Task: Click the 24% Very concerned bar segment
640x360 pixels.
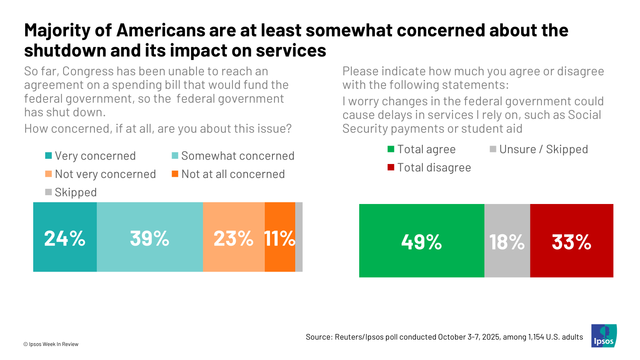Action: [65, 237]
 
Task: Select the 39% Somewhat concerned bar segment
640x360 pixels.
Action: [150, 237]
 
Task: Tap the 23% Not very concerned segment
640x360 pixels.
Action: [234, 237]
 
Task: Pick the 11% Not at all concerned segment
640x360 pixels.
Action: [280, 237]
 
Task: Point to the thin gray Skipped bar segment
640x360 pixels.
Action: [299, 237]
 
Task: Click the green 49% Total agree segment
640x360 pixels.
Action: [422, 240]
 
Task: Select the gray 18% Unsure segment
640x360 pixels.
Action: [507, 240]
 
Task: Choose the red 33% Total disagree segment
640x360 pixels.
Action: [572, 240]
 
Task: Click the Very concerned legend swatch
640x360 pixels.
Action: [48, 156]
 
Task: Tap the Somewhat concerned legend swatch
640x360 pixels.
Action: [175, 156]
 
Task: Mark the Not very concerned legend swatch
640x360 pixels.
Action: [48, 174]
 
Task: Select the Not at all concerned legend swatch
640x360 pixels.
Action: [175, 174]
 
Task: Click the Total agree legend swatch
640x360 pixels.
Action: [391, 149]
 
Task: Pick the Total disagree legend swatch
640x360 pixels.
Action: [391, 167]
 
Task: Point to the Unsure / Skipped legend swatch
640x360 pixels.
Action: [493, 149]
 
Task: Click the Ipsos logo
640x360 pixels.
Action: [604, 336]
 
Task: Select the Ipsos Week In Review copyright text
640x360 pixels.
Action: [51, 344]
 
